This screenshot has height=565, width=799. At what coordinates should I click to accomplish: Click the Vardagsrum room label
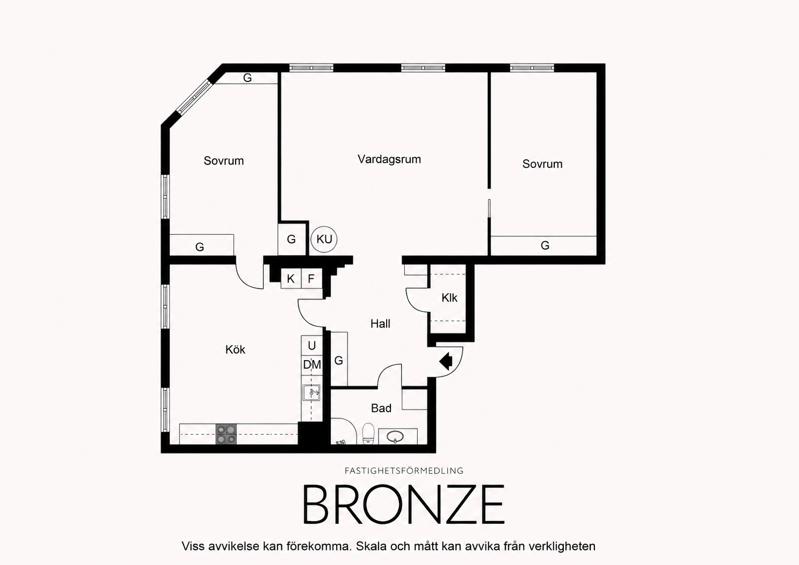click(x=389, y=159)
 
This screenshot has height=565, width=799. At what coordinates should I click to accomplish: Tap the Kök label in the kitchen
click(x=236, y=350)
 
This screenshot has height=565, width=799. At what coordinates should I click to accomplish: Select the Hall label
click(x=380, y=324)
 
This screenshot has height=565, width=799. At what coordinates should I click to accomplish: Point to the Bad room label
click(x=381, y=408)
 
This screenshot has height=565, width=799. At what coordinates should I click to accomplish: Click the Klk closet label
click(x=449, y=298)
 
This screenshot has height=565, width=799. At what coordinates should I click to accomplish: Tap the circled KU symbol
click(x=324, y=239)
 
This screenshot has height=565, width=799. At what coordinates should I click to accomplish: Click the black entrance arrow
click(x=446, y=361)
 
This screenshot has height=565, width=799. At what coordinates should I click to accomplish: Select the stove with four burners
click(x=226, y=434)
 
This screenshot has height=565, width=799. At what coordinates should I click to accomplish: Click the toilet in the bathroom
click(x=368, y=434)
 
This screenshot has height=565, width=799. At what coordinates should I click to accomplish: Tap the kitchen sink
click(x=311, y=393)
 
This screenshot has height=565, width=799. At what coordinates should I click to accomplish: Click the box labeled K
click(x=291, y=279)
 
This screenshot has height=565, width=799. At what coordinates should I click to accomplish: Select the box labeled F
click(x=311, y=279)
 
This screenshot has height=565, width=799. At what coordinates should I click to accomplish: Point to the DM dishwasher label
click(x=312, y=365)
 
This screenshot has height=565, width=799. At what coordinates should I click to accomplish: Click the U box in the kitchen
click(x=312, y=345)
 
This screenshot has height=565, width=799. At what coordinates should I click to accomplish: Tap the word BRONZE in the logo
click(x=403, y=504)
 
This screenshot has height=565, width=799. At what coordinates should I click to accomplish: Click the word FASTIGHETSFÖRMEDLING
click(x=404, y=471)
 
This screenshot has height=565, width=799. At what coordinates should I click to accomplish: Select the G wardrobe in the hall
click(x=339, y=359)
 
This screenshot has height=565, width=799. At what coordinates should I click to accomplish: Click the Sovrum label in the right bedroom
click(x=542, y=164)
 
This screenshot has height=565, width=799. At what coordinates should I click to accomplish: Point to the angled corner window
click(x=195, y=97)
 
